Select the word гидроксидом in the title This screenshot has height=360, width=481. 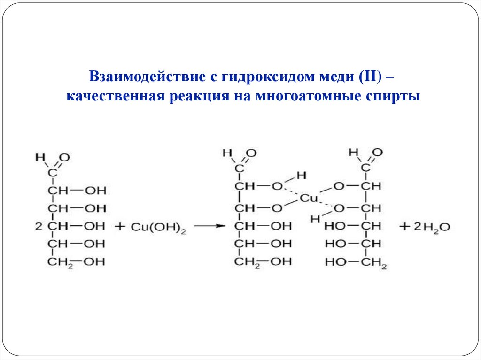click(x=258, y=76)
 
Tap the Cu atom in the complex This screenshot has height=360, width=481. click(x=309, y=198)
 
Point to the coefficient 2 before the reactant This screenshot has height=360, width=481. click(x=39, y=227)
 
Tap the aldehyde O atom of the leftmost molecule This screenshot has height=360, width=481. click(x=64, y=158)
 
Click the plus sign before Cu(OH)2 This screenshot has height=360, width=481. click(x=119, y=226)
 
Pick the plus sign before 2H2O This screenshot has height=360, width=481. click(x=405, y=226)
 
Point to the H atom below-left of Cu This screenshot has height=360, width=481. click(x=314, y=218)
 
